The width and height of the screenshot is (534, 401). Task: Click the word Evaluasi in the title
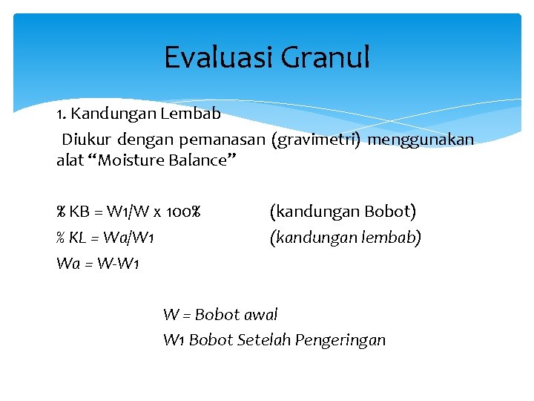tap(217, 57)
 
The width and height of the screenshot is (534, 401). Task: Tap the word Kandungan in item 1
tap(111, 115)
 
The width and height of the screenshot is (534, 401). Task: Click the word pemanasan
tap(214, 139)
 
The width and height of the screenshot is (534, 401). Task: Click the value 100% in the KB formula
tap(182, 212)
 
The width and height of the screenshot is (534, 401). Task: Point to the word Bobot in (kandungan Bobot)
tap(389, 212)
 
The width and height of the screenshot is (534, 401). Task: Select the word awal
tap(259, 314)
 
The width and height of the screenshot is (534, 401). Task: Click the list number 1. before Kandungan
tap(62, 115)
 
